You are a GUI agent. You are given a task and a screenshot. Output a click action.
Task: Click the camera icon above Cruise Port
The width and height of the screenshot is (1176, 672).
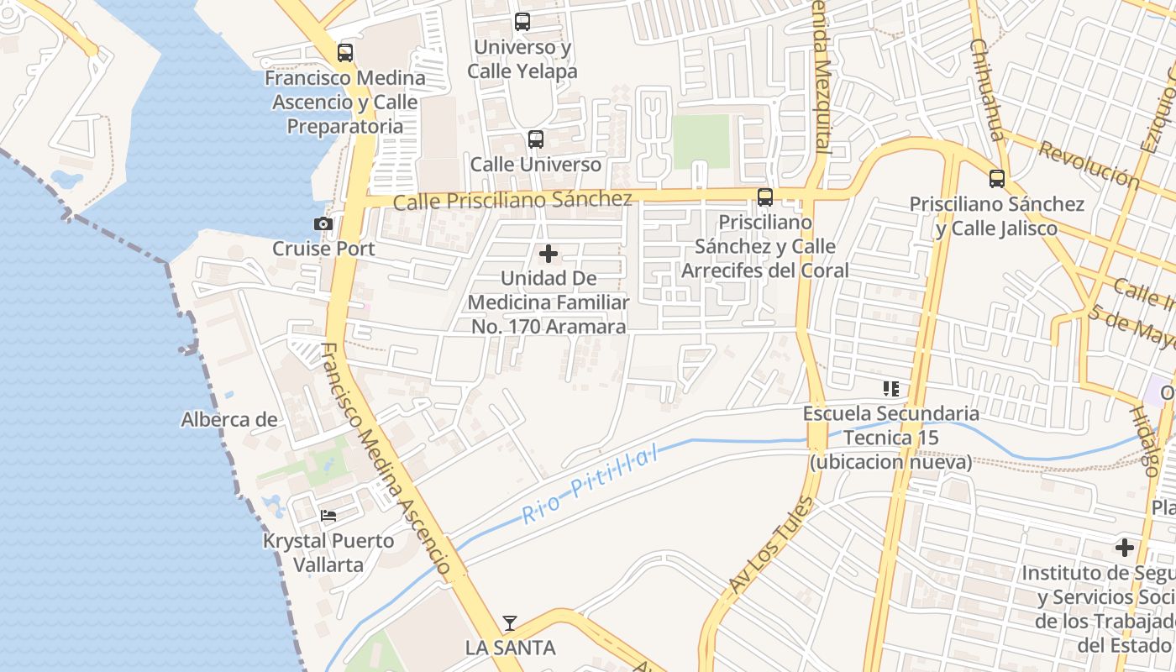coord(323,223)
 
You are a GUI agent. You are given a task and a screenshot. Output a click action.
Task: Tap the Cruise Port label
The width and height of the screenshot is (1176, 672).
coord(323,249)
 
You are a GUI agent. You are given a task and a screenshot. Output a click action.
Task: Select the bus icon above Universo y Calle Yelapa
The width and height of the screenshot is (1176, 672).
coord(522,22)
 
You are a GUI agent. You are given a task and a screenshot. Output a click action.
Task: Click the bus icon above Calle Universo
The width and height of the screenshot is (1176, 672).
coord(535,139)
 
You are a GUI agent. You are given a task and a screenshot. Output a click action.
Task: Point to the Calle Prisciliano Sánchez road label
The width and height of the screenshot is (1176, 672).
coord(512,201)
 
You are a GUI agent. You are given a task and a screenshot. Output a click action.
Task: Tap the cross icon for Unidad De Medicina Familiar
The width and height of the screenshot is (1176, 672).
coord(549,254)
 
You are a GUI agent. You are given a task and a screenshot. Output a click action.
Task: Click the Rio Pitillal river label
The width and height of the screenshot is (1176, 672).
coord(588,486)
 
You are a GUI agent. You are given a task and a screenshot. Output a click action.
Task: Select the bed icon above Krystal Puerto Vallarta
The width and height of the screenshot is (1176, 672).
coord(328,515)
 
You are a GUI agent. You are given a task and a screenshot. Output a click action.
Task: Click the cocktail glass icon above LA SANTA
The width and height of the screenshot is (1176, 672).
coord(510,623)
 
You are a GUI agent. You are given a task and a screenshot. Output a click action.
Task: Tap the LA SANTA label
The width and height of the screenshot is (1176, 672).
coord(510,648)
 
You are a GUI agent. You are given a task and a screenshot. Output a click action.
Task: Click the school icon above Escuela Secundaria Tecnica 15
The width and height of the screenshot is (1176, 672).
coord(890,389)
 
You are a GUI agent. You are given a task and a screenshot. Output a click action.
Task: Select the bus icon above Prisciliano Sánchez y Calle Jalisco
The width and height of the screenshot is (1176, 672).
coord(996,179)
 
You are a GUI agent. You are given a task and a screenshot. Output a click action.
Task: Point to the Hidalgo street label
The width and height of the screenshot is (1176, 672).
coord(1143,441)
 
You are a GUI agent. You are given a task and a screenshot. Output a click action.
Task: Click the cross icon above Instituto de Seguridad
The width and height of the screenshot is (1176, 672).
coord(1124,549)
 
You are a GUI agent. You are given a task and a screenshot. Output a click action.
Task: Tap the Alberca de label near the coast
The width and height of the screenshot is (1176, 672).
coord(229,419)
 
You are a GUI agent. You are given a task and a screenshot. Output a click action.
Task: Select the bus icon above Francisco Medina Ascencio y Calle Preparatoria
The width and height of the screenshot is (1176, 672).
coord(344,53)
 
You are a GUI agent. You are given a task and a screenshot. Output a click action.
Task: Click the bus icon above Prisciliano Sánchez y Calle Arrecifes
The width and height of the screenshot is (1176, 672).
coord(764,197)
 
